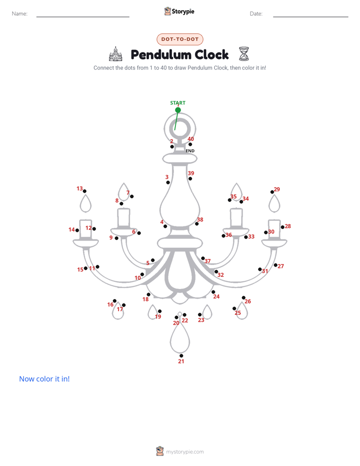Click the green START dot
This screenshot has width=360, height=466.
coord(178,110)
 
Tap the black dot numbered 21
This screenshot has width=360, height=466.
coord(181,356)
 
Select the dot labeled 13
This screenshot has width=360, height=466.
coord(85,191)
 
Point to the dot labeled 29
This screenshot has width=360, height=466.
coord(272,192)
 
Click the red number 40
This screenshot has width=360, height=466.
coord(191,139)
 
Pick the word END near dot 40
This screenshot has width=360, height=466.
coord(190,151)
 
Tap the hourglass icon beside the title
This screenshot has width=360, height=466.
coord(244,54)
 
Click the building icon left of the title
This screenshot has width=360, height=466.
coord(116,54)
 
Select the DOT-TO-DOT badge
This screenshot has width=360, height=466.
coord(180,39)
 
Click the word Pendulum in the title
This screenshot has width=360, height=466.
coord(161,54)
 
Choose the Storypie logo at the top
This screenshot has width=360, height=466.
coord(179,11)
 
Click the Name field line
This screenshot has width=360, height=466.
coord(83,17)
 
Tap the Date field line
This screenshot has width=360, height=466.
coord(311,17)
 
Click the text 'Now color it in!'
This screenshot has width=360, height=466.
coord(44,379)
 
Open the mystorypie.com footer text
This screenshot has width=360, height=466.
coord(185,452)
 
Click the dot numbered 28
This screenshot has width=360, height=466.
coord(282,227)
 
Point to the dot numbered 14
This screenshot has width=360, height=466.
coord(77,230)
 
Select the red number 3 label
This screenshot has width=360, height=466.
coord(167,177)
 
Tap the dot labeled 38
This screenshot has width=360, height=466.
coord(197,224)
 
